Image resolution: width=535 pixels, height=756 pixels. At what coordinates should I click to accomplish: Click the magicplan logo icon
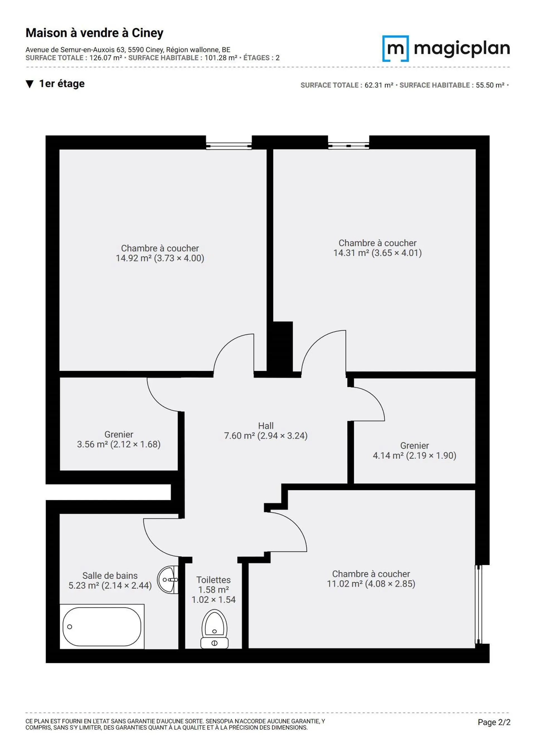(x=395, y=48)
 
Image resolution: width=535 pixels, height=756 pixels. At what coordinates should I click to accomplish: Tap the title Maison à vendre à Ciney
(x=95, y=33)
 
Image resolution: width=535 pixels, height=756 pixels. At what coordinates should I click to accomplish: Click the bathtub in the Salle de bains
(x=102, y=627)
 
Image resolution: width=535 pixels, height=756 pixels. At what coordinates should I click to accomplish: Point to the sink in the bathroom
(x=168, y=580)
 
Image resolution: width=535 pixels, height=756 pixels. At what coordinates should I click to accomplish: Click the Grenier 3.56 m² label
(x=119, y=439)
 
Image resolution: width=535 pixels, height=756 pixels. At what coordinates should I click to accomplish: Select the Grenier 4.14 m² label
(x=414, y=450)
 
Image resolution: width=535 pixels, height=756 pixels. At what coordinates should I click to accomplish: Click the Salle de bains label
(x=110, y=576)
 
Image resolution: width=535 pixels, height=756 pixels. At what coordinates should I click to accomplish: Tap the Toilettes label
(x=214, y=580)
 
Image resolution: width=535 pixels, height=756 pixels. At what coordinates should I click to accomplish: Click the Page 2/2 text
(x=494, y=722)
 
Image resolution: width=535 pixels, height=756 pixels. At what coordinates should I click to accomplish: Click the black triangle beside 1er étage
(x=30, y=84)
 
